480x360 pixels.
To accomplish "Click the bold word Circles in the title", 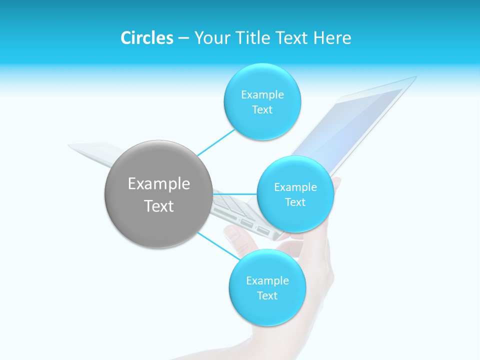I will click(x=146, y=38).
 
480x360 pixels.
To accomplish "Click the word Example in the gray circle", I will click(x=159, y=184).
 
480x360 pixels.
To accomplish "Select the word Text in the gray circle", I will click(x=159, y=206).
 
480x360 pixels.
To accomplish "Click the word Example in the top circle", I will click(x=262, y=95).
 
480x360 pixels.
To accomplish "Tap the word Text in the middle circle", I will click(x=295, y=202).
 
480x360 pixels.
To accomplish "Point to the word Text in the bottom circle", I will click(x=267, y=296).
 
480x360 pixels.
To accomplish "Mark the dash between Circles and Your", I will click(x=183, y=38).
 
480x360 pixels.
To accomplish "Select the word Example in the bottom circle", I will click(x=267, y=281).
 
